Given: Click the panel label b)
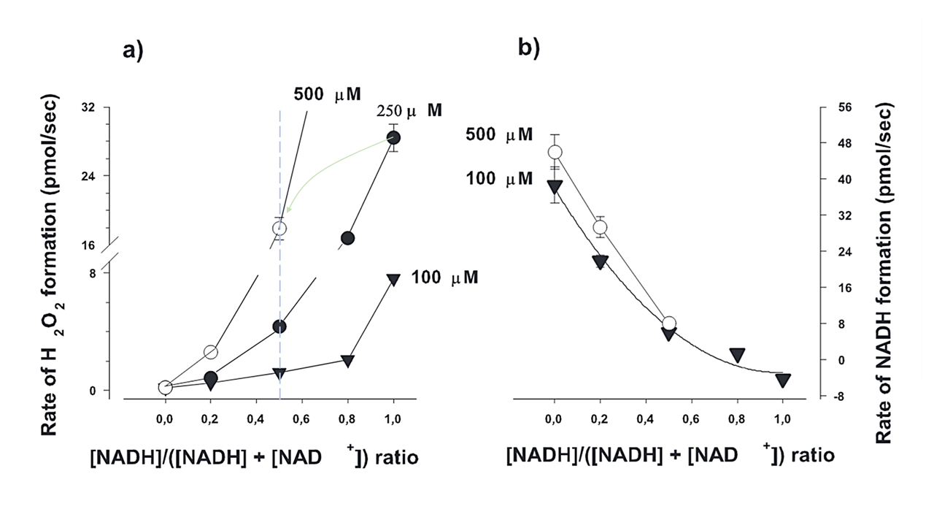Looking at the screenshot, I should click(528, 48).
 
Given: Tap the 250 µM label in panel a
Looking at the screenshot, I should click(409, 111).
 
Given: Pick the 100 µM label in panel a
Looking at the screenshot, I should click(444, 278).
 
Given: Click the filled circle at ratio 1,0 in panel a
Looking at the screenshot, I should click(394, 137).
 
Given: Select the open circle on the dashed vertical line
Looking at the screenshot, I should click(279, 229).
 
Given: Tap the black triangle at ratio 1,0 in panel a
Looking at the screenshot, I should click(394, 279).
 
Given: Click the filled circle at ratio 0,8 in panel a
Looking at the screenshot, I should click(348, 238).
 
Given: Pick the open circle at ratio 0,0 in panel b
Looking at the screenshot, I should click(555, 152).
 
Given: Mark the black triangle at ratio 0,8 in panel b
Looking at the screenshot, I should click(737, 355).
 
